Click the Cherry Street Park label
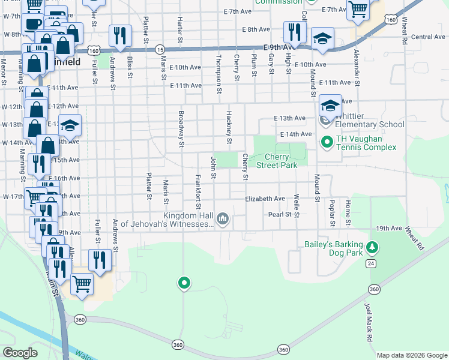click(277, 161)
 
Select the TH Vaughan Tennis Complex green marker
click(327, 142)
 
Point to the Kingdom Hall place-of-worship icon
click(223, 218)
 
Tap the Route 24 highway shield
click(372, 263)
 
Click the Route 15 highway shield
click(160, 49)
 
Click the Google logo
click(20, 352)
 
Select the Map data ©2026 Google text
click(412, 355)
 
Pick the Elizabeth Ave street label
click(265, 199)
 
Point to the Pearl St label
click(280, 214)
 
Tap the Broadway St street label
click(180, 128)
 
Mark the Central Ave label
click(428, 37)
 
